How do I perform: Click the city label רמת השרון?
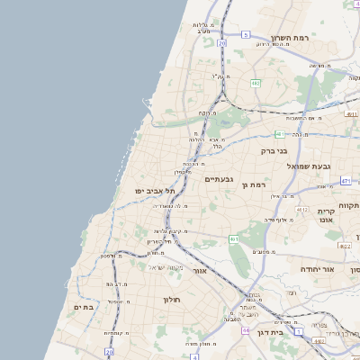(290, 39)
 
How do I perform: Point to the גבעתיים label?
(219, 179)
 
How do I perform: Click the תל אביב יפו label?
(155, 191)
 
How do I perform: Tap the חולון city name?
(172, 299)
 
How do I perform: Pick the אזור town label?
(200, 270)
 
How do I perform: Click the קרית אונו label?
(326, 216)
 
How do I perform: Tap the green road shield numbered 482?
(256, 83)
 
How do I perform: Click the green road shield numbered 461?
(233, 238)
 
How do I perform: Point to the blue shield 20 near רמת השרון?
(221, 42)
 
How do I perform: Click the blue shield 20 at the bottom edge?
(109, 354)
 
